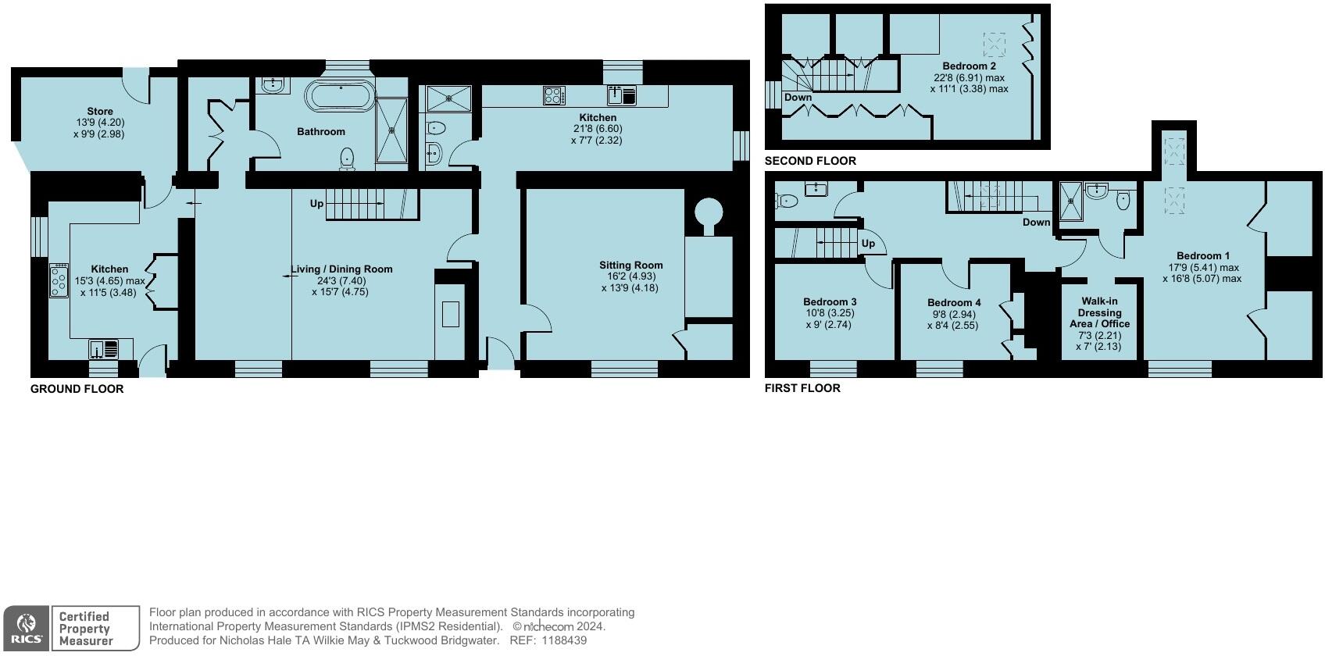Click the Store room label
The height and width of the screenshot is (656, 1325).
point(100,112)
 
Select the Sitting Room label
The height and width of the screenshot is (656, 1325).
point(631,266)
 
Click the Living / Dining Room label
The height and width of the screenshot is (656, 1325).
point(341,269)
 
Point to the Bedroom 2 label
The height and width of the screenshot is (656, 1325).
point(969,66)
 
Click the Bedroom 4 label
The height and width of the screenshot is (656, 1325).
point(954,303)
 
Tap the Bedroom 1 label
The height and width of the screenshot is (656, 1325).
point(1203,256)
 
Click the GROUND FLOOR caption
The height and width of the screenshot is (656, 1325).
point(77,389)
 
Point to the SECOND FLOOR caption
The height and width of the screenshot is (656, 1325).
point(810,161)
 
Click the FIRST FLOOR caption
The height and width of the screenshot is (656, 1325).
point(802,388)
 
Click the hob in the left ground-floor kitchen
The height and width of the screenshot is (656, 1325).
point(59,280)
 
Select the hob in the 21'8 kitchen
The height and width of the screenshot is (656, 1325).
point(554,96)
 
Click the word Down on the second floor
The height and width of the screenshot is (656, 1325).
point(798,98)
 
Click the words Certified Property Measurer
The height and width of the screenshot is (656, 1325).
point(86,629)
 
